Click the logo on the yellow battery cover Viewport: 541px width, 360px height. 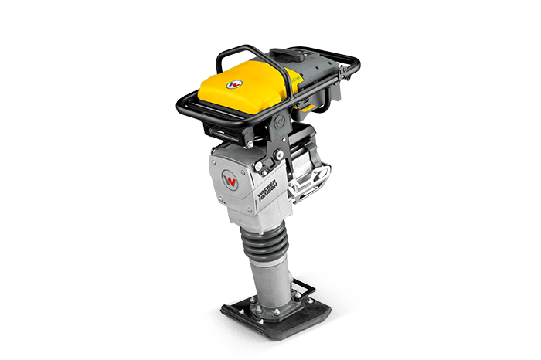click(x=235, y=81)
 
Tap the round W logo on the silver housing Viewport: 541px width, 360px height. click(x=230, y=181)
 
